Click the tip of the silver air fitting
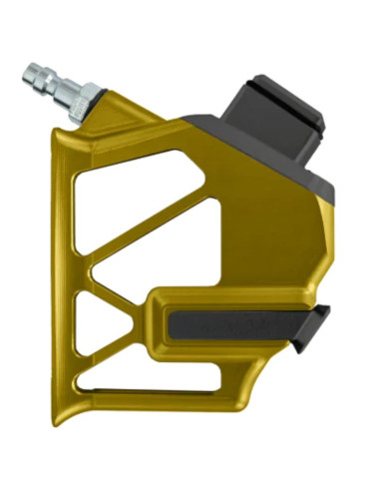coord(29,73)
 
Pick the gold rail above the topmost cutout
coord(140,139)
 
